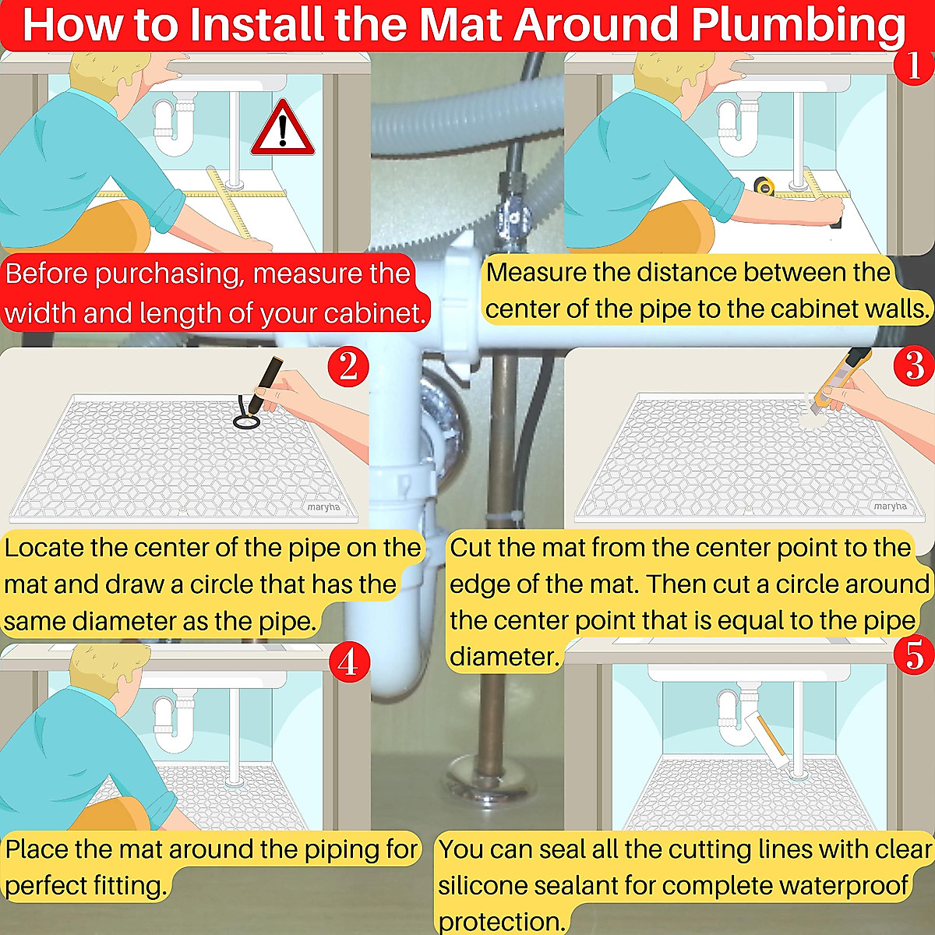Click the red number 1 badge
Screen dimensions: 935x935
click(x=912, y=65)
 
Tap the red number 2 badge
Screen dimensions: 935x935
click(x=348, y=365)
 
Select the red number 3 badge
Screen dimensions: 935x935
click(x=915, y=365)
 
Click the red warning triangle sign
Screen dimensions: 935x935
click(x=282, y=129)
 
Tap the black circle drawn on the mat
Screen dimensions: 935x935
click(x=246, y=421)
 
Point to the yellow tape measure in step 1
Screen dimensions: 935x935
click(x=764, y=186)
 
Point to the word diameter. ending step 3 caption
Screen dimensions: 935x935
click(x=504, y=657)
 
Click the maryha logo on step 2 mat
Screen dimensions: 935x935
click(x=323, y=506)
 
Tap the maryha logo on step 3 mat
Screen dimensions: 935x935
click(x=890, y=506)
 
